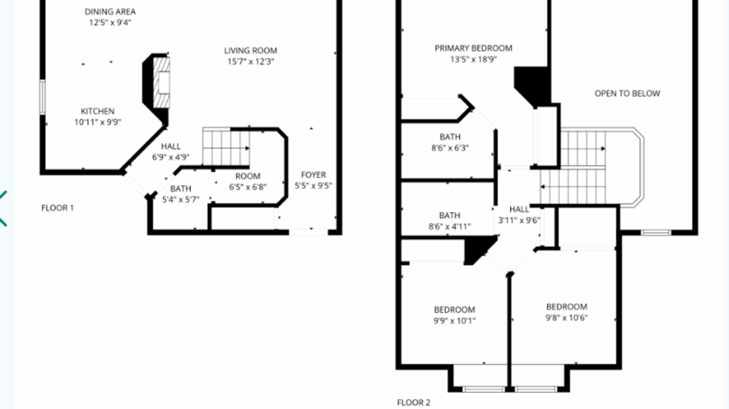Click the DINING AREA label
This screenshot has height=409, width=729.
[x=110, y=12]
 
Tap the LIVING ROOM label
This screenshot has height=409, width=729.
[x=250, y=51]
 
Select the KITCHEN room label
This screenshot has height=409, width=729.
[x=98, y=111]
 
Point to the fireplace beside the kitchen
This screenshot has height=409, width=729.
[x=158, y=82]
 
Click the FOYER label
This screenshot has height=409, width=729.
[x=313, y=175]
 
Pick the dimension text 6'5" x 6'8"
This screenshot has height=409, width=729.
[x=248, y=186]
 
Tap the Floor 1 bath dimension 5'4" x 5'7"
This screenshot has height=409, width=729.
[x=181, y=200]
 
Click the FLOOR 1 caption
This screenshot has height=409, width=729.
[x=58, y=208]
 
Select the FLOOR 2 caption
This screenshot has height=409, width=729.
[x=414, y=402]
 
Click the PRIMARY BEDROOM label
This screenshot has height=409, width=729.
[x=474, y=48]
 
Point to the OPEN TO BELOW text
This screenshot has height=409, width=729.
[x=627, y=93]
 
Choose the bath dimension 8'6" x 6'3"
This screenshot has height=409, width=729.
[x=450, y=148]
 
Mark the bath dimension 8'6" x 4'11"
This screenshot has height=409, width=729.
[x=450, y=226]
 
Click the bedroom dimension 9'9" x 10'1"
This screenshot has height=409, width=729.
[x=454, y=321]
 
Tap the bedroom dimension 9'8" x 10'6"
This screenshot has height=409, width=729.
[x=567, y=318]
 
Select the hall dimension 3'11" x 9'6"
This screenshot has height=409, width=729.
[x=519, y=221]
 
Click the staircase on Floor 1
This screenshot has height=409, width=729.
[x=225, y=147]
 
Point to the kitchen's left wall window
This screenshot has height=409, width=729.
[x=43, y=97]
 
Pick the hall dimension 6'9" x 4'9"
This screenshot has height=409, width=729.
[x=171, y=158]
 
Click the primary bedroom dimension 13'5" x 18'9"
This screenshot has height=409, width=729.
[x=474, y=59]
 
